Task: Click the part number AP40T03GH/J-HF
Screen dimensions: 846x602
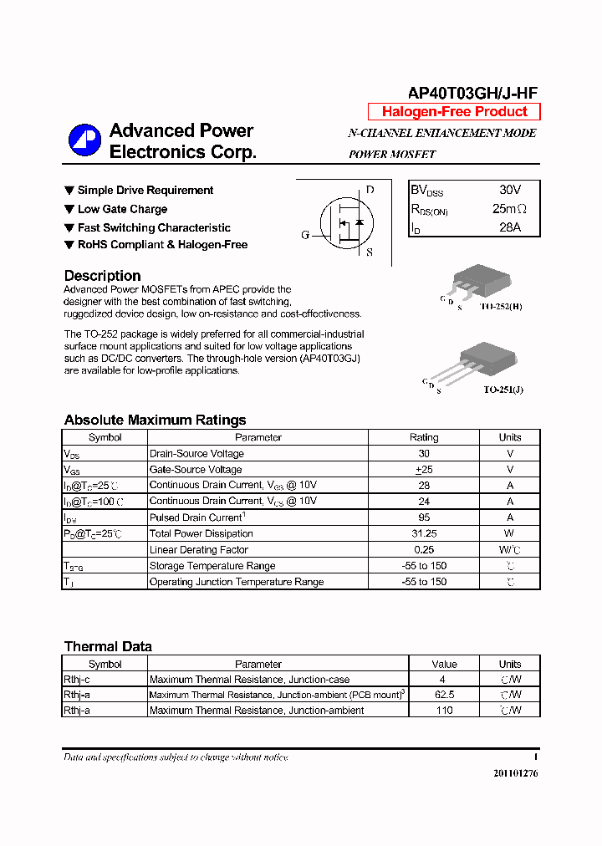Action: click(472, 94)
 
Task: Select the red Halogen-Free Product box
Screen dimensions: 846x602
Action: click(454, 112)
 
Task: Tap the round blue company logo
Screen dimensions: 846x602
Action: click(84, 140)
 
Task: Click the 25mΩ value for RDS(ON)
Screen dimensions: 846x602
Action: click(509, 209)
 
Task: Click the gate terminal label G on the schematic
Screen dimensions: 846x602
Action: click(305, 235)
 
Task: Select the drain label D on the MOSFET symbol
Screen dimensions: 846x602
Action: click(370, 191)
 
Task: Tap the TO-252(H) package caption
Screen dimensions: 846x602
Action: click(501, 307)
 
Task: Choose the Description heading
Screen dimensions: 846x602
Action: click(102, 276)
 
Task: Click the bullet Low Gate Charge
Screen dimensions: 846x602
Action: click(122, 209)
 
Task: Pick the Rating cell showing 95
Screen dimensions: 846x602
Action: click(424, 517)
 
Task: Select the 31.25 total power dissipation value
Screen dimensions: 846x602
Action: click(424, 533)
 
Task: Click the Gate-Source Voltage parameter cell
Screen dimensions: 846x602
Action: click(196, 470)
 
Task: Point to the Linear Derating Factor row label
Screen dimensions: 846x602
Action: click(199, 549)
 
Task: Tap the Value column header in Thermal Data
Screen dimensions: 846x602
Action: click(444, 664)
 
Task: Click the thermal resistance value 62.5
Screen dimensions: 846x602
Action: click(444, 695)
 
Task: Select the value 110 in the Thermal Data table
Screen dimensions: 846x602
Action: click(444, 711)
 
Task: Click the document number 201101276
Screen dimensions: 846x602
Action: click(516, 773)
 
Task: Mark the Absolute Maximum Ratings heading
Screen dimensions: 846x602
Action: click(155, 420)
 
